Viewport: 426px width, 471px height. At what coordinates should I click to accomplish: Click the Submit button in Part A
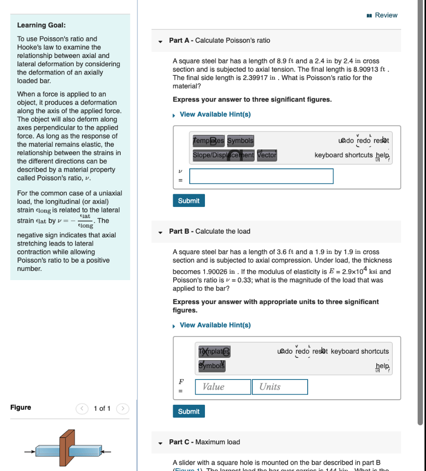point(189,201)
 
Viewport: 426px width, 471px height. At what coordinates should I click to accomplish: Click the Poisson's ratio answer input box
point(261,176)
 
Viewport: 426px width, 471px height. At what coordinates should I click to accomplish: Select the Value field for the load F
point(223,387)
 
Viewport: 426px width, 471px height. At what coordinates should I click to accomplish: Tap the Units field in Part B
point(280,387)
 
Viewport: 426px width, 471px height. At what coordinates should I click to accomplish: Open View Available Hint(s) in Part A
point(215,114)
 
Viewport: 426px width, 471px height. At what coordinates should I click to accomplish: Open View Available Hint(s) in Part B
point(215,325)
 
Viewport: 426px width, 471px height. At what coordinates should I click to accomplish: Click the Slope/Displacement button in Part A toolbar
point(223,155)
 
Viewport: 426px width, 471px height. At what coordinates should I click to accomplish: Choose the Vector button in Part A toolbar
point(267,155)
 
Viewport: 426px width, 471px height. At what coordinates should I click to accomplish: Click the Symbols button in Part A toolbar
point(240,140)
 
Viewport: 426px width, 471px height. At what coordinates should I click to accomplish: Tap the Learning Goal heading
point(41,25)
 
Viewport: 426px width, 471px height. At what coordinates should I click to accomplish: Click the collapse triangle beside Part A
point(160,41)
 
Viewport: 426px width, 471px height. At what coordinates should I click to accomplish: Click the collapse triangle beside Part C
point(160,442)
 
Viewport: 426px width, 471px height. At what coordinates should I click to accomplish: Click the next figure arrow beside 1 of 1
point(122,408)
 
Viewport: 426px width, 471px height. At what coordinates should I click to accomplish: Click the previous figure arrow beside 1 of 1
point(82,408)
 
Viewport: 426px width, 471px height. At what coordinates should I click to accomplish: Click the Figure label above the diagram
point(21,408)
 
